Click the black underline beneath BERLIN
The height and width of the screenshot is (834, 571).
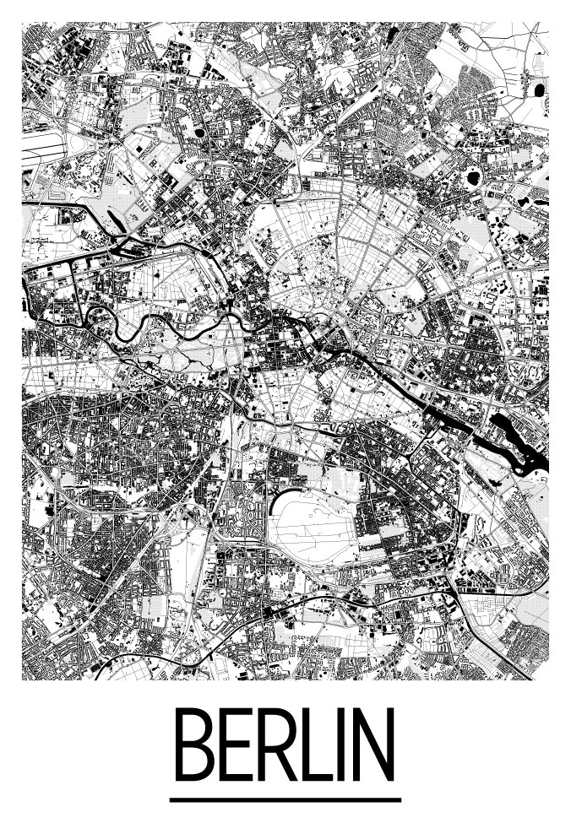[285, 799]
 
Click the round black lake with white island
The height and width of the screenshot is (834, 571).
[472, 178]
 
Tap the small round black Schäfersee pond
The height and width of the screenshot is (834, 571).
[199, 132]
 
